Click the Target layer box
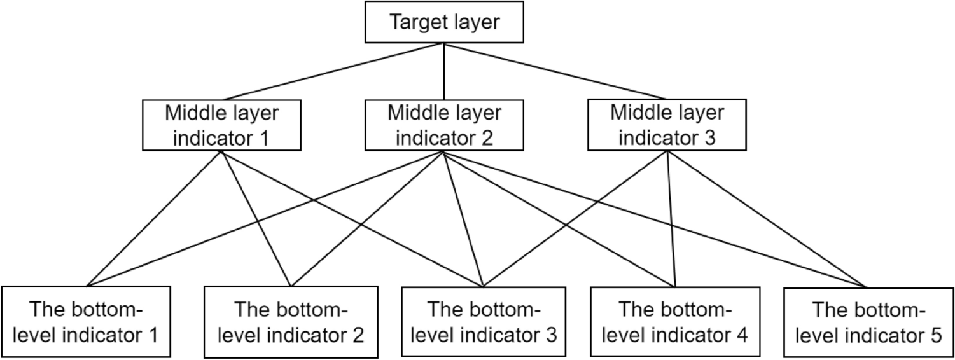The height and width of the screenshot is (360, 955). (x=444, y=22)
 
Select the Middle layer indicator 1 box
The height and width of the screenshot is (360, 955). (x=221, y=125)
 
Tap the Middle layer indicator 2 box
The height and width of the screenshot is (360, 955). (x=444, y=125)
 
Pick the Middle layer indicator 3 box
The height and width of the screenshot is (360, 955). (x=667, y=125)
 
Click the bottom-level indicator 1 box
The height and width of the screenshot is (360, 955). (x=86, y=321)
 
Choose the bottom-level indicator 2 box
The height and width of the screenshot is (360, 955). (x=291, y=321)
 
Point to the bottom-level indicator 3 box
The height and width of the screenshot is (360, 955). (x=484, y=321)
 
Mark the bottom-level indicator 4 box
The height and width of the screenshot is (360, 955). (x=675, y=321)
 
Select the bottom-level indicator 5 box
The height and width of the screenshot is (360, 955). (x=868, y=321)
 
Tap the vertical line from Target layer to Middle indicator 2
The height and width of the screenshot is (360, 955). (x=444, y=71)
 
